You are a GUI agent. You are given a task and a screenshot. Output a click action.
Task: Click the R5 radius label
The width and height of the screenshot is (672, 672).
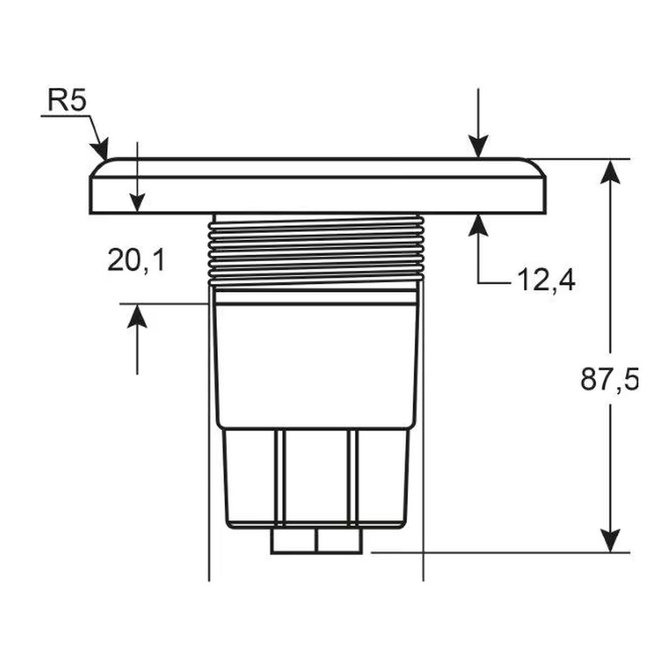tap(67, 100)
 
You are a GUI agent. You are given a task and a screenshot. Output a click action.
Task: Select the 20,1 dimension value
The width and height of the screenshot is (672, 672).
tap(136, 260)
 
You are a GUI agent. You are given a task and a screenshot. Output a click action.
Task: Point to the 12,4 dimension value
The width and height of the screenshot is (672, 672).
tap(546, 281)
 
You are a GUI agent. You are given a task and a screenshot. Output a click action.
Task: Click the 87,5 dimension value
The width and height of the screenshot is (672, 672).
tap(609, 380)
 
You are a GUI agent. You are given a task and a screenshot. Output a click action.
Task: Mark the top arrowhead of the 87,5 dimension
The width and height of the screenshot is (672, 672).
tap(610, 170)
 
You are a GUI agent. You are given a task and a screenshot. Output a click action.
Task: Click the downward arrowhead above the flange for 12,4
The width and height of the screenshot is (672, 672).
tap(478, 147)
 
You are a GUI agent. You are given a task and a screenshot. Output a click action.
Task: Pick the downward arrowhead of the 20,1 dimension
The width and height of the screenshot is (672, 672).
tap(137, 202)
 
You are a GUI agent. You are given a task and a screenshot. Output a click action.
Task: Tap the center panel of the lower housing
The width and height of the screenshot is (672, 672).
tap(316, 476)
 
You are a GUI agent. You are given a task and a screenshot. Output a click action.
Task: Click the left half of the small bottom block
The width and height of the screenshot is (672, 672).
tap(294, 541)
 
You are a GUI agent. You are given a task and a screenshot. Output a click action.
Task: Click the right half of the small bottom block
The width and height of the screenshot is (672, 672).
tap(339, 541)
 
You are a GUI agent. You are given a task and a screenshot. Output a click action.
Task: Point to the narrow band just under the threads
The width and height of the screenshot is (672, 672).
tap(316, 297)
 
